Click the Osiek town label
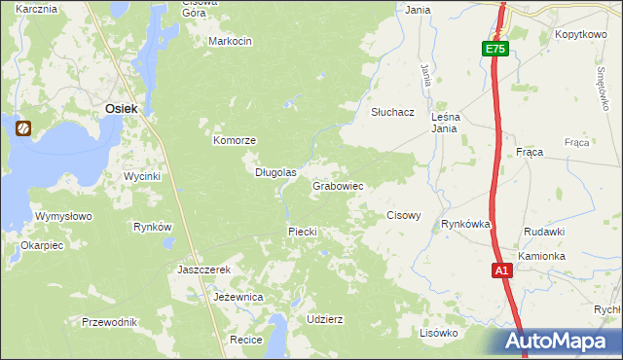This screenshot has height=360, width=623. click(121, 109)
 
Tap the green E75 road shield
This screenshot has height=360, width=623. click(495, 49)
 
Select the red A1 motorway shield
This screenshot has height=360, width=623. click(501, 271)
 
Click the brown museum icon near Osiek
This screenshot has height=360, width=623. click(22, 126)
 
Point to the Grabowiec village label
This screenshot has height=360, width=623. click(338, 185)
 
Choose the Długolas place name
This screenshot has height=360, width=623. click(275, 172)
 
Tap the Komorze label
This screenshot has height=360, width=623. click(235, 140)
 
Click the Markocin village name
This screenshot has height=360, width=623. click(231, 41)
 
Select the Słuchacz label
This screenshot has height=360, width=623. click(393, 112)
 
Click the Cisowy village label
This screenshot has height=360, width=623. click(404, 215)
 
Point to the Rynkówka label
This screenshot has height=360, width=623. click(465, 224)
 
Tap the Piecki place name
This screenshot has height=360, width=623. click(303, 231)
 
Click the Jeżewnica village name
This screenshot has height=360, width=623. click(238, 297)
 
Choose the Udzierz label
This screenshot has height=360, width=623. click(324, 319)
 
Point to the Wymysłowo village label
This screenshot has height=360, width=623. click(62, 216)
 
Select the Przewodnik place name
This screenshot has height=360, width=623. click(109, 321)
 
